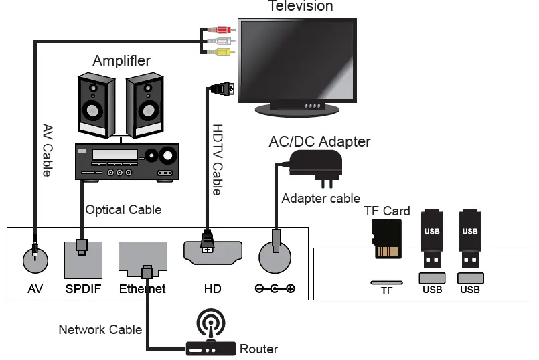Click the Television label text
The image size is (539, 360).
tap(301, 6)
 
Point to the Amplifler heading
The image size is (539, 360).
tap(121, 60)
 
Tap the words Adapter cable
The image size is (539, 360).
tap(321, 199)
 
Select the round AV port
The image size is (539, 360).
tap(36, 258)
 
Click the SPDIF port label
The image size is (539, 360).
tap(82, 290)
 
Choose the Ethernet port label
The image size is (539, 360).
tap(142, 290)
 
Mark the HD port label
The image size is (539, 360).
tap(212, 290)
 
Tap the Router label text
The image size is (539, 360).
tap(258, 349)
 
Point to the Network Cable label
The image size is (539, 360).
tap(100, 329)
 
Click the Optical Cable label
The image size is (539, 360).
tap(123, 210)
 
